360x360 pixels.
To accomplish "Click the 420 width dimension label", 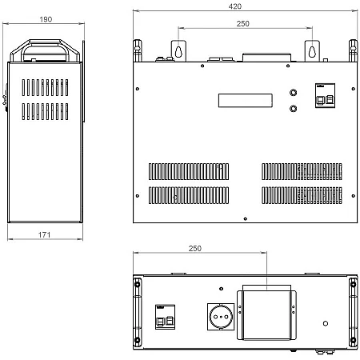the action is (x=235, y=6).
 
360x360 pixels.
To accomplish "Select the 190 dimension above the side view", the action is (x=46, y=19).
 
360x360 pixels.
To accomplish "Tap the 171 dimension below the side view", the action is (x=44, y=234).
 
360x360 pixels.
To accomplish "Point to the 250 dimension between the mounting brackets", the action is (x=242, y=23).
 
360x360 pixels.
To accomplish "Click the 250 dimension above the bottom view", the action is (x=195, y=248).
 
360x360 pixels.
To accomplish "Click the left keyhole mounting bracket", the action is (x=178, y=51).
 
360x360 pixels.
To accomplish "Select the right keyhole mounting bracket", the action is (x=312, y=51).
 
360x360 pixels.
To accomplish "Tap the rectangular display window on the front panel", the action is (x=246, y=101).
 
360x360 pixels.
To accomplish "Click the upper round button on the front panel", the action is (x=294, y=93).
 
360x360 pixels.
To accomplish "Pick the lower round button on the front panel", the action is (x=294, y=109).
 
